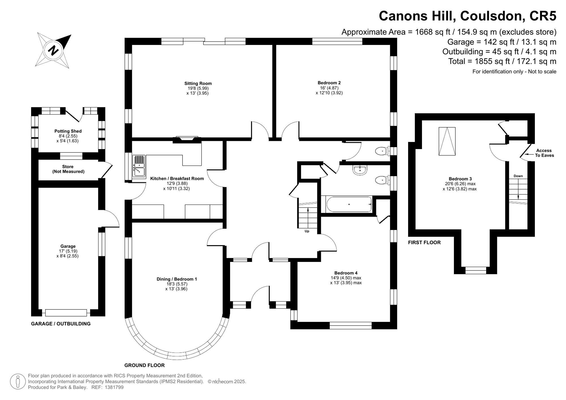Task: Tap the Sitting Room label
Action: coord(198,83)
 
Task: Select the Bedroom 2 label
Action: coord(329,83)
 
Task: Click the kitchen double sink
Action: coord(139,167)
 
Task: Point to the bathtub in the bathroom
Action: coord(349,204)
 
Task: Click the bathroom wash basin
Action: coord(360,170)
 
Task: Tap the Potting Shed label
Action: coord(68,131)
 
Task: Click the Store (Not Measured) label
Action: coord(68,169)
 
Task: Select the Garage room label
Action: coord(68,246)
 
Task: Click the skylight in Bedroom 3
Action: coord(447,141)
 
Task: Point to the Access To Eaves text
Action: coord(544,153)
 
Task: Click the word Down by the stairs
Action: coord(518,176)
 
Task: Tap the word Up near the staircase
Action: coord(307,231)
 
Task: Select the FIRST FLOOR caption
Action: coord(424,242)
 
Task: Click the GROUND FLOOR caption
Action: coord(144,365)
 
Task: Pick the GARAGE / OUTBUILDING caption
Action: coord(61,324)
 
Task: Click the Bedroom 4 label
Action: coord(346,273)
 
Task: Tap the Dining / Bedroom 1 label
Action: coord(177,279)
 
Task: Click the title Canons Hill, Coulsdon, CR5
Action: coord(468,16)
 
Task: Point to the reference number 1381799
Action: coord(114,388)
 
